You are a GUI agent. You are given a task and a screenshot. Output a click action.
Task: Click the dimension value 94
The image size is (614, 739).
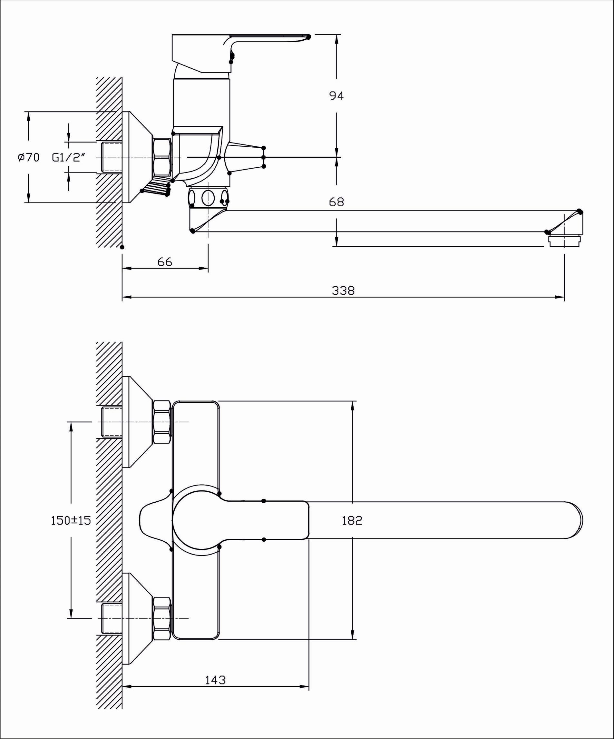pyautogui.click(x=336, y=96)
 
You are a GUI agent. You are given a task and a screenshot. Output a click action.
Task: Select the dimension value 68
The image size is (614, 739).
pyautogui.click(x=336, y=202)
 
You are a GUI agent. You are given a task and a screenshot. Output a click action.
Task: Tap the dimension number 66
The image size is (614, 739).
pyautogui.click(x=165, y=262)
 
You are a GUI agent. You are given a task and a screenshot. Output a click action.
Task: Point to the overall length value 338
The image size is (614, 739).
pyautogui.click(x=343, y=291)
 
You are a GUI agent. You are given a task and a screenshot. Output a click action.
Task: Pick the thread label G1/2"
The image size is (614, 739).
pyautogui.click(x=69, y=157)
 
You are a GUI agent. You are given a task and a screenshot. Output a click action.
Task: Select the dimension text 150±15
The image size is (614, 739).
pyautogui.click(x=71, y=520)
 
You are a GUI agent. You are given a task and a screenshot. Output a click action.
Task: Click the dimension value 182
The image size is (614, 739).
pyautogui.click(x=352, y=520)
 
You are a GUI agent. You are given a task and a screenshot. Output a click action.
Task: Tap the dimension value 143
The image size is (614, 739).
pyautogui.click(x=215, y=680)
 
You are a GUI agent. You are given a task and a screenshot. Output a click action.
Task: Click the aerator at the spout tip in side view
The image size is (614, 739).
pyautogui.click(x=564, y=241)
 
